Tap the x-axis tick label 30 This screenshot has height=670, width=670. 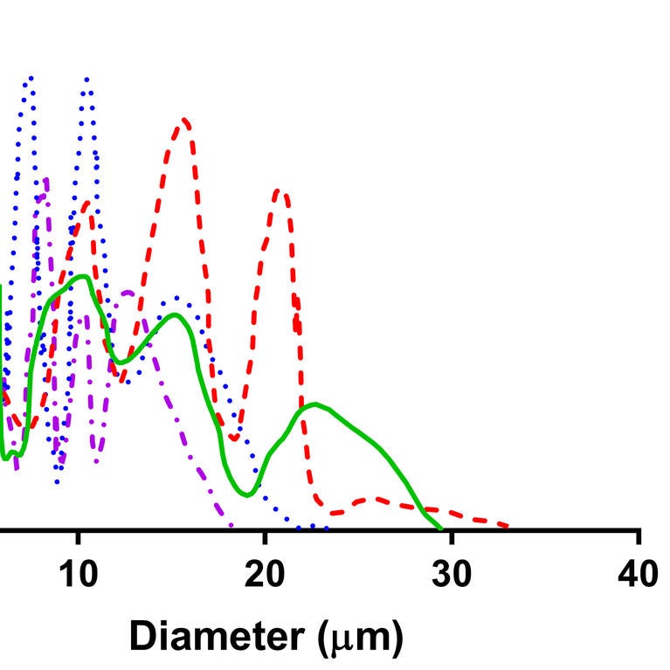[x=452, y=575]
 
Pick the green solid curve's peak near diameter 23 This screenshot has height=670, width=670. [x=314, y=404]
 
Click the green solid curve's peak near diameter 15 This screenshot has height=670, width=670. [x=175, y=314]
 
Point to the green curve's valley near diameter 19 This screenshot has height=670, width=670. [x=248, y=495]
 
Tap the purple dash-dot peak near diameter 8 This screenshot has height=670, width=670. [x=45, y=180]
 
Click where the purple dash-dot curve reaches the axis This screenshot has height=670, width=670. [x=231, y=527]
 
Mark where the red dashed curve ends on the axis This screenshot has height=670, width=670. [x=507, y=527]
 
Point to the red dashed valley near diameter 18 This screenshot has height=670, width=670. [x=234, y=438]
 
